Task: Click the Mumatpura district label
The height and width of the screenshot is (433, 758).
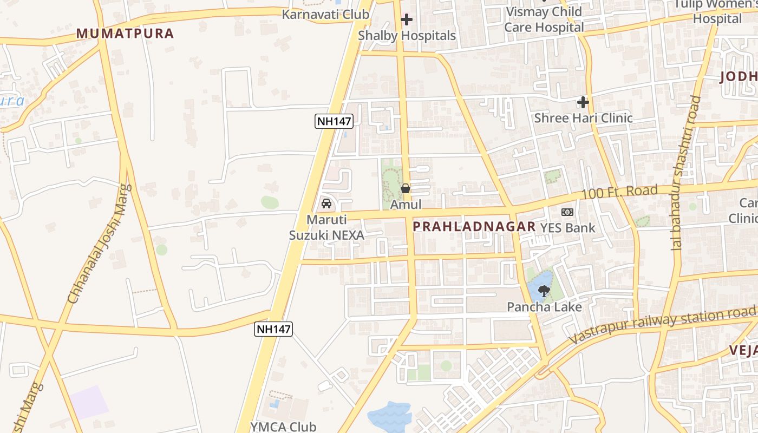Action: pyautogui.click(x=125, y=34)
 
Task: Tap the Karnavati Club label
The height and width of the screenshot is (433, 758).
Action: pyautogui.click(x=325, y=15)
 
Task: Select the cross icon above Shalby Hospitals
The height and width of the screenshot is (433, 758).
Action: pyautogui.click(x=407, y=20)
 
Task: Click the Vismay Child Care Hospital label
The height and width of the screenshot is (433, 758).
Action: pyautogui.click(x=544, y=19)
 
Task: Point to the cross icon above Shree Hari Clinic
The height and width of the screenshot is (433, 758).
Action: pyautogui.click(x=583, y=102)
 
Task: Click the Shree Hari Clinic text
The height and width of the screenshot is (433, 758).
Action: pyautogui.click(x=583, y=118)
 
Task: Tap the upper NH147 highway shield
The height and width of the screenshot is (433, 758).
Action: pyautogui.click(x=334, y=121)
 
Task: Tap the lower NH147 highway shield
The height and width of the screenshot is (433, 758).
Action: pyautogui.click(x=273, y=329)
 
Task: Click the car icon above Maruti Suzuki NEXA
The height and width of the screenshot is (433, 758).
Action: pyautogui.click(x=326, y=204)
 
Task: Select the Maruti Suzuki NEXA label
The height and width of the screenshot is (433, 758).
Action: pyautogui.click(x=326, y=228)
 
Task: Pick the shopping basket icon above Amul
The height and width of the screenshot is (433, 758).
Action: pyautogui.click(x=406, y=189)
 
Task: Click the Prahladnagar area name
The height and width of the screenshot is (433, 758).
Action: pyautogui.click(x=474, y=227)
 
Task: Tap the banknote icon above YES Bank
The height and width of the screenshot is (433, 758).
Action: pyautogui.click(x=567, y=212)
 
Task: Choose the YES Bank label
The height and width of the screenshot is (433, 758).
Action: pyautogui.click(x=567, y=228)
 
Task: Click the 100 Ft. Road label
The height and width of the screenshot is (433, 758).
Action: pyautogui.click(x=619, y=192)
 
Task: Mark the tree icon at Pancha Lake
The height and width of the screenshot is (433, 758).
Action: pyautogui.click(x=544, y=291)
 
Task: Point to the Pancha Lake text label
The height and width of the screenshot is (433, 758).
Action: pyautogui.click(x=544, y=307)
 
